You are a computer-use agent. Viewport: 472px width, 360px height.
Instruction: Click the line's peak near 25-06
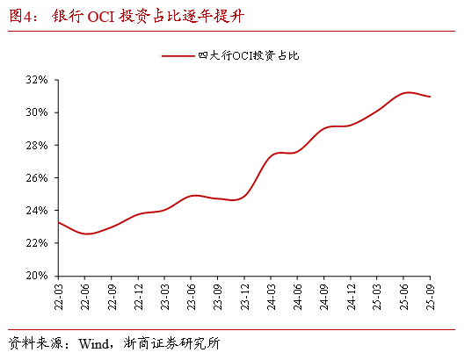pyautogui.click(x=407, y=92)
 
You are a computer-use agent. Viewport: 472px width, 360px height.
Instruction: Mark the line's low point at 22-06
pyautogui.click(x=86, y=234)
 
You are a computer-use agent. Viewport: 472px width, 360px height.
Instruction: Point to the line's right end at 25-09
pyautogui.click(x=430, y=97)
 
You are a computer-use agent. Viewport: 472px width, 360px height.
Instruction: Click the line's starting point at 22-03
pyautogui.click(x=59, y=222)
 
